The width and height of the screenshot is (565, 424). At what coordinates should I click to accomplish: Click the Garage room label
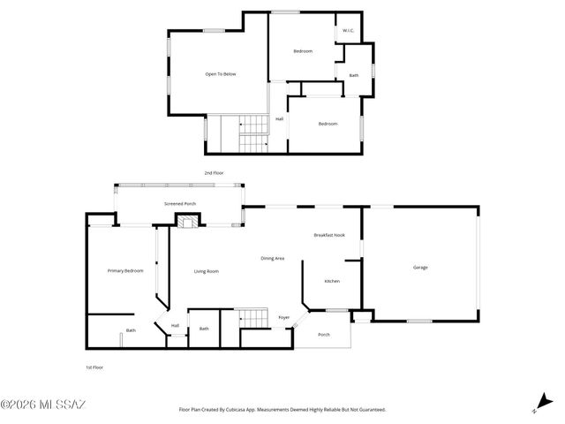[x=420, y=267]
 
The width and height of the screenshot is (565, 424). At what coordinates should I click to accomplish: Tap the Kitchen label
[x=332, y=281]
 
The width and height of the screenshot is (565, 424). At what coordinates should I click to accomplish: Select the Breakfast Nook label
[x=329, y=235]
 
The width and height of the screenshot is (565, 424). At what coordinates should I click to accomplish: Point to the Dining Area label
[x=272, y=258]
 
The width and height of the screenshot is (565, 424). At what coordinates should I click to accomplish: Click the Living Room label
[x=207, y=271]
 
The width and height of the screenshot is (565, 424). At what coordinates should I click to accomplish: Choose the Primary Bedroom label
[x=125, y=270]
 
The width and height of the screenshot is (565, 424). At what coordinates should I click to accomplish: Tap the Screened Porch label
[x=180, y=204]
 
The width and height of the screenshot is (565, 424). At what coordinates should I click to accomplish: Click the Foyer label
[x=284, y=317]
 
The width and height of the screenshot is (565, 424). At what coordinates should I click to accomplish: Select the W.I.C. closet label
[x=348, y=32]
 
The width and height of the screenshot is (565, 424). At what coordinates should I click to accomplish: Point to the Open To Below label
[x=221, y=74]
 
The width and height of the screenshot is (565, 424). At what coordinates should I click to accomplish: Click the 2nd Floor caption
[x=215, y=173]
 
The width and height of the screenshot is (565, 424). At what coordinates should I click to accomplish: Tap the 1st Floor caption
[x=94, y=366]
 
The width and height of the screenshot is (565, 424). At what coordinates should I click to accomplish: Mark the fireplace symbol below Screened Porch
[x=186, y=223]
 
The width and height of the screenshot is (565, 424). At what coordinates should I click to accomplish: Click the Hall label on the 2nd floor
[x=279, y=119]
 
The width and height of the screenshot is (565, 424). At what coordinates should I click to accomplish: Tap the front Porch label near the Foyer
[x=324, y=335]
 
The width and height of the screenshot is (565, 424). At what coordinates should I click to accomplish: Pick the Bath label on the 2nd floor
[x=354, y=76]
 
